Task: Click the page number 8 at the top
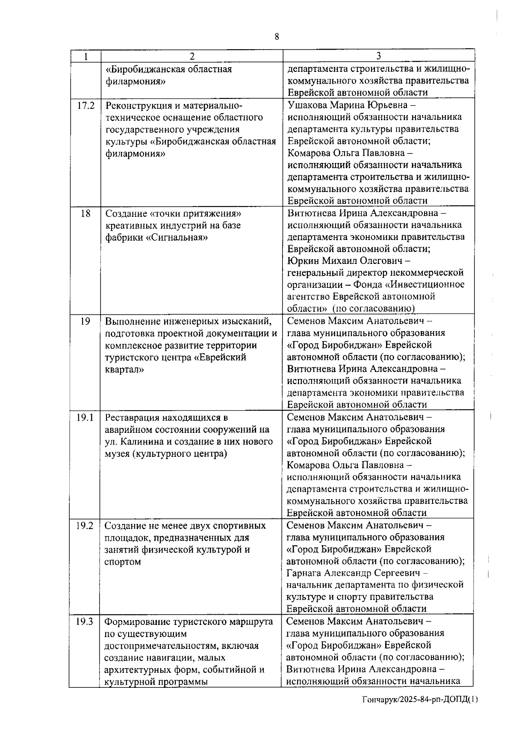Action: (x=277, y=37)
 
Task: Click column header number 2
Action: (x=192, y=56)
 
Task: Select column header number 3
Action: (x=379, y=56)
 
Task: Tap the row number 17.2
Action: (x=85, y=106)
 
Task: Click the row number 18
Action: (x=85, y=213)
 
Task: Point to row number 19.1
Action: (x=85, y=417)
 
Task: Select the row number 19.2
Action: (x=85, y=526)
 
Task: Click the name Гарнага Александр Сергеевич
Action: (x=354, y=573)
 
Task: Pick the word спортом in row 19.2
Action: (x=122, y=562)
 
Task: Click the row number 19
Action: (x=85, y=321)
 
